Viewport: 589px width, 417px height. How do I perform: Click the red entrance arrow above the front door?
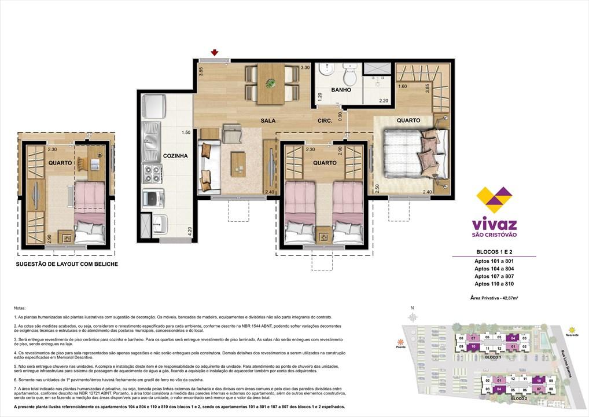coord(215,53)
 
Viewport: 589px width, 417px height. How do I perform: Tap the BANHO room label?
coord(325,90)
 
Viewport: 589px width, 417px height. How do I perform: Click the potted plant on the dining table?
coord(270,83)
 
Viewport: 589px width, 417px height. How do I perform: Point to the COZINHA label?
coord(175,156)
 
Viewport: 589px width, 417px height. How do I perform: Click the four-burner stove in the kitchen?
coord(153,173)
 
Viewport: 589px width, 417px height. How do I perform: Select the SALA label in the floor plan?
coord(267,121)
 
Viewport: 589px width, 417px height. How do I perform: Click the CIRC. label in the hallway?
coord(324,121)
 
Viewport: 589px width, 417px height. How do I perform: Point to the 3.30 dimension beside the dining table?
coord(305,68)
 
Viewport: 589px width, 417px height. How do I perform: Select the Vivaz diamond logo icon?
coord(494,200)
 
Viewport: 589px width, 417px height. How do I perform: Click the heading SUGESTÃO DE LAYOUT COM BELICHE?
coord(67,264)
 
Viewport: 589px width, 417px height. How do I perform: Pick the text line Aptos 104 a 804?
coord(494,269)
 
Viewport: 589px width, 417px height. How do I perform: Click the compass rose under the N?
coord(412,317)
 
